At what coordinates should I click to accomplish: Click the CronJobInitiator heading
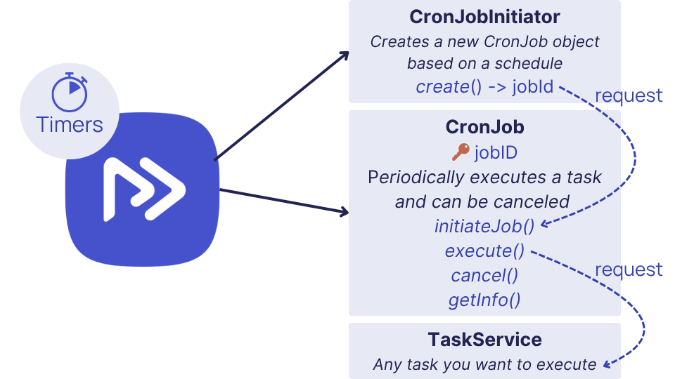coord(484,17)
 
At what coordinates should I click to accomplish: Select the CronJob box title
coord(484,127)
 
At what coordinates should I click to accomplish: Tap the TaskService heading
coord(484,340)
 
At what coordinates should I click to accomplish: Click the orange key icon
coord(461,152)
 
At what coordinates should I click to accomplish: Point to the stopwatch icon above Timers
coord(70,92)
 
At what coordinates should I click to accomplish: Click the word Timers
coord(70,125)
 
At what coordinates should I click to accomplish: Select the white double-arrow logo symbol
coord(144,189)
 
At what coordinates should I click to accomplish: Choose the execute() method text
coord(484,251)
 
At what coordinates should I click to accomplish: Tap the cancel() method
coord(484,275)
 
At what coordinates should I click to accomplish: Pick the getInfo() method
coord(484,300)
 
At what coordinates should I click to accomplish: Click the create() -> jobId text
coord(484,87)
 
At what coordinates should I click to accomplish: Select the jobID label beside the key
coord(496,153)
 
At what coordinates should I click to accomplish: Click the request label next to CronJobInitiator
coord(629,95)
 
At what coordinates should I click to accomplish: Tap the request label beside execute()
coord(629,270)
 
